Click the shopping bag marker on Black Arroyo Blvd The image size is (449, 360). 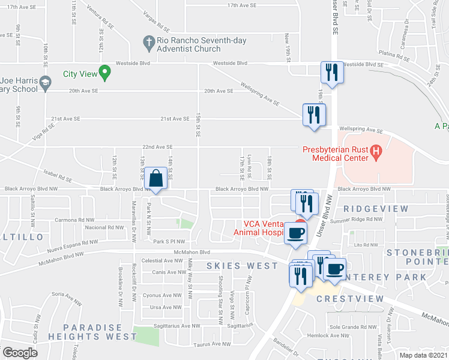click(156, 179)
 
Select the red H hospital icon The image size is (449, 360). click(376, 151)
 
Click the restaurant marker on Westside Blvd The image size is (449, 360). click(331, 73)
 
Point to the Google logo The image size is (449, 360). click(20, 353)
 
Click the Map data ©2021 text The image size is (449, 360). click(423, 355)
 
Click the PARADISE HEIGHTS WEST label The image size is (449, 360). click(101, 332)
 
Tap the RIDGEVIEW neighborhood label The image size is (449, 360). click(376, 209)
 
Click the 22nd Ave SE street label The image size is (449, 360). click(157, 146)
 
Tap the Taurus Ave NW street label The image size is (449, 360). click(213, 344)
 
